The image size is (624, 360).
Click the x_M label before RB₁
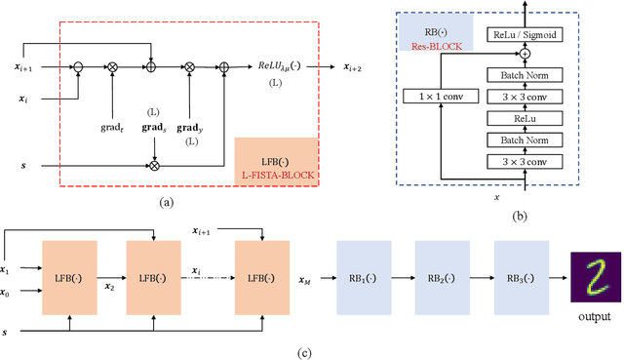[305, 282]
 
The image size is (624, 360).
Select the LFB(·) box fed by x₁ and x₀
[69, 276]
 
